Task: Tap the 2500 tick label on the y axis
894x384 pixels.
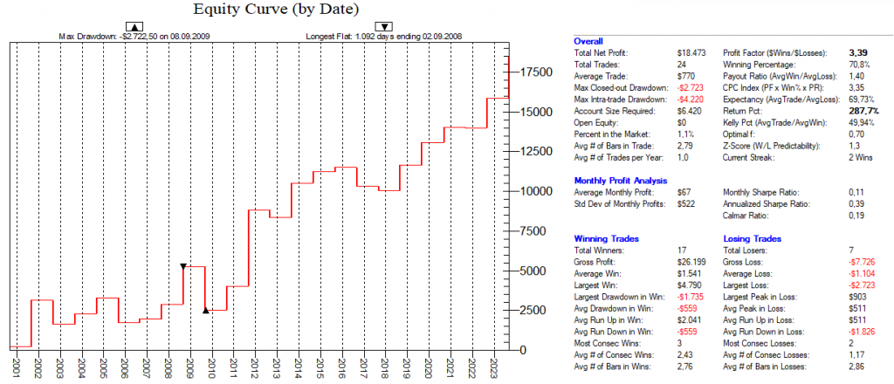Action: pyautogui.click(x=535, y=310)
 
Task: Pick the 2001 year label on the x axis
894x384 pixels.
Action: pyautogui.click(x=16, y=366)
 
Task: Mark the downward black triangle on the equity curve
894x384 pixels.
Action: pyautogui.click(x=182, y=265)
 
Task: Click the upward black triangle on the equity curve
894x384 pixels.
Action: pyautogui.click(x=205, y=309)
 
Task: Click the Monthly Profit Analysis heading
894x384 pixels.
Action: pyautogui.click(x=620, y=180)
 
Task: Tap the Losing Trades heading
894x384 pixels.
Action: pyautogui.click(x=750, y=238)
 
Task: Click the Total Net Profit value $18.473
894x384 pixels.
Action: pyautogui.click(x=689, y=53)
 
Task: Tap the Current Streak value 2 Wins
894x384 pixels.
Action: pyautogui.click(x=853, y=156)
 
